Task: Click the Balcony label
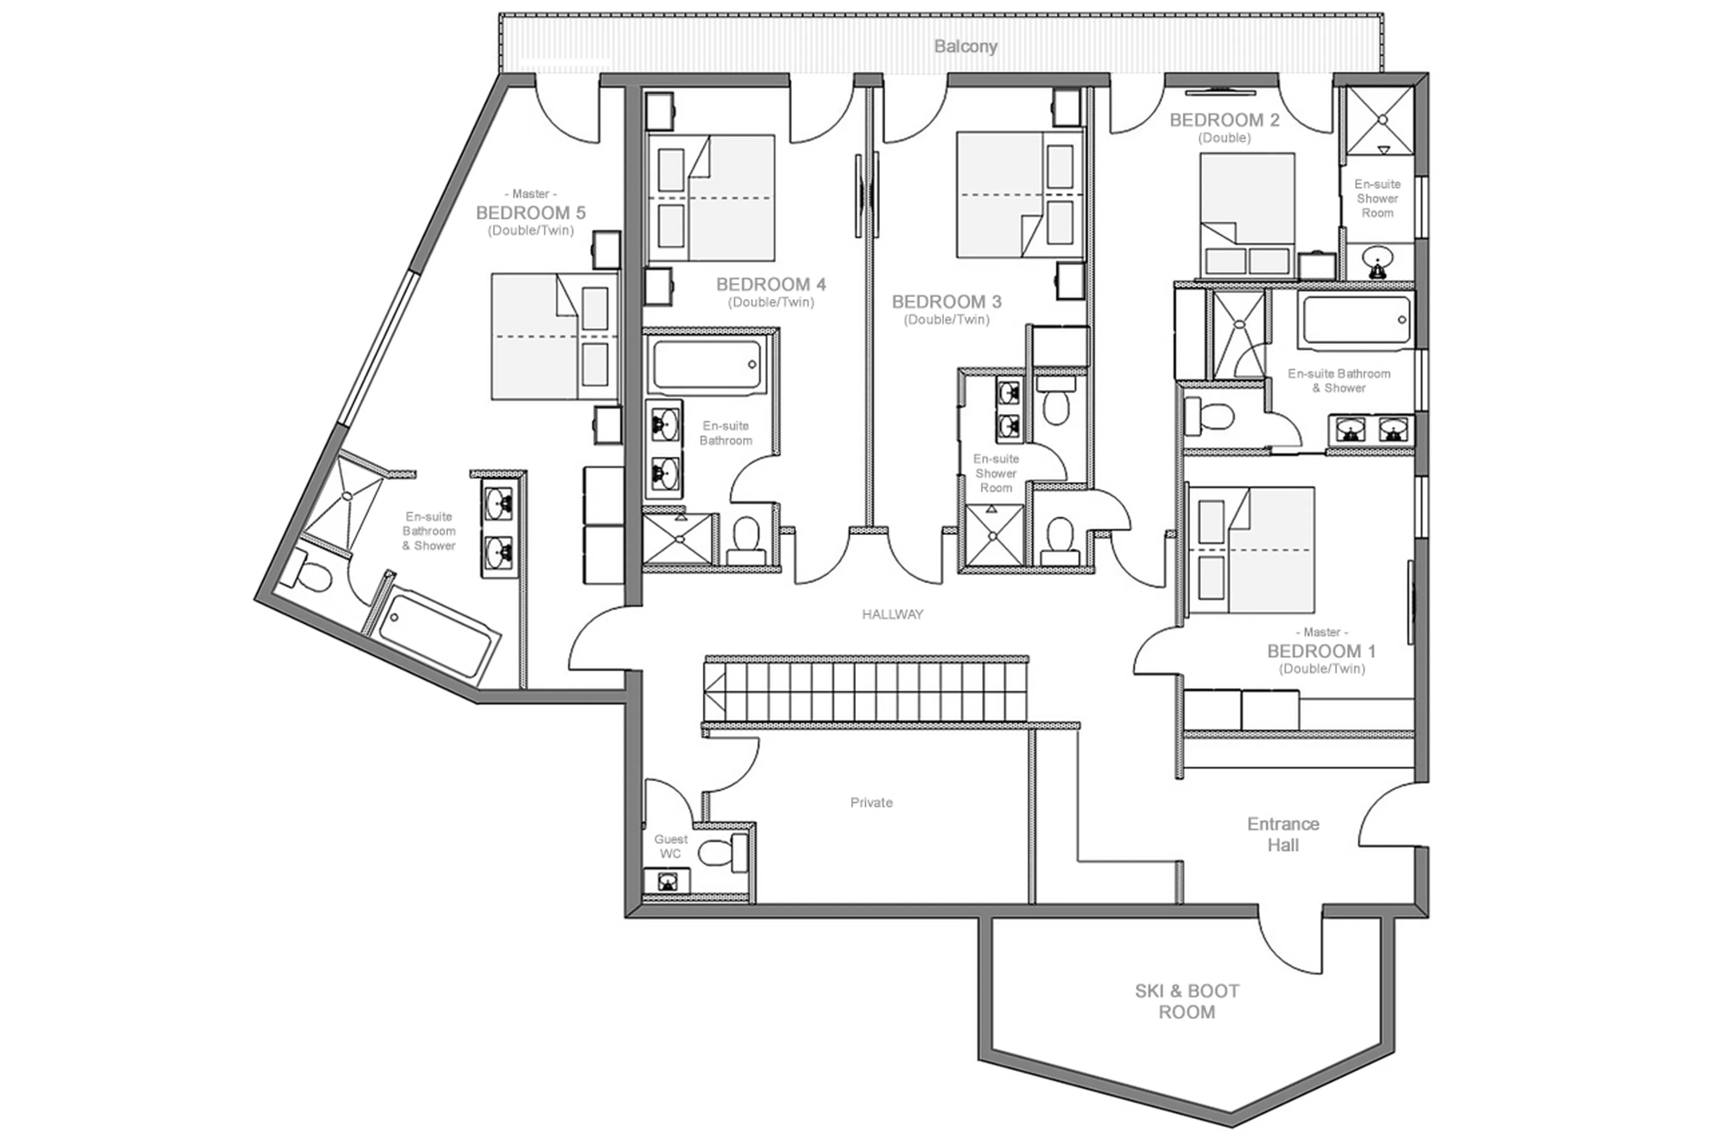(965, 46)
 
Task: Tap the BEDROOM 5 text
(530, 213)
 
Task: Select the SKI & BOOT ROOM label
(1187, 1001)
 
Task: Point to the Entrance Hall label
(1283, 834)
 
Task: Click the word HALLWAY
(892, 614)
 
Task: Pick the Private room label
(871, 803)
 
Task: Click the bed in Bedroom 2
(1246, 214)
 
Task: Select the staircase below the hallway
(865, 690)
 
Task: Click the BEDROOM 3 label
(946, 302)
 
